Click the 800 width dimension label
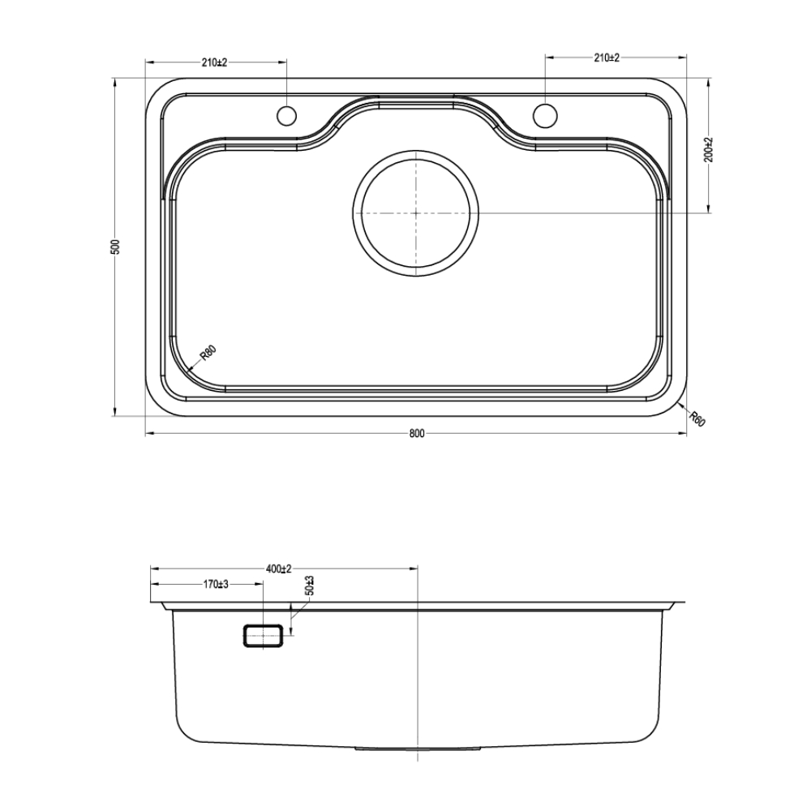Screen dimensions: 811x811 416,434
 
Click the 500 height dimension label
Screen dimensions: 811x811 115,247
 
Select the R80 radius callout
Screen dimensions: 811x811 208,355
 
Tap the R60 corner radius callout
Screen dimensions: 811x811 697,418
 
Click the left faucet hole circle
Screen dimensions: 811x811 287,116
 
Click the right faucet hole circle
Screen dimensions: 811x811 545,116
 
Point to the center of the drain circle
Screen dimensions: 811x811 416,212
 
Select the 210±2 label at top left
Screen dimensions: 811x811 215,62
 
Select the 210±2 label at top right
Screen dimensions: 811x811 607,58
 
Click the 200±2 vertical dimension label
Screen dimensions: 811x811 707,149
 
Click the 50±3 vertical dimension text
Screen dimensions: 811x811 309,586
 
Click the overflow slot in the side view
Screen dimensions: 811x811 264,635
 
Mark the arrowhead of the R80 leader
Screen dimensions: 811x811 190,370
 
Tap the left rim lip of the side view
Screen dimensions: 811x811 159,605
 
